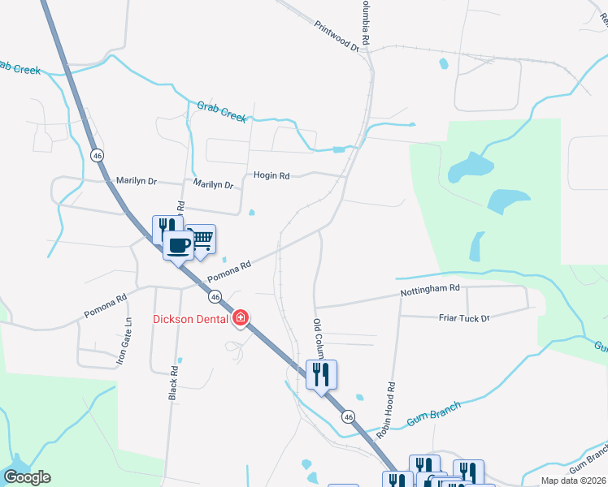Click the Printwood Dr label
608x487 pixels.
pyautogui.click(x=337, y=37)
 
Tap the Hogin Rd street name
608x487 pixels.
pyautogui.click(x=271, y=175)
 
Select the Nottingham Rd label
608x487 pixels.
pyautogui.click(x=430, y=288)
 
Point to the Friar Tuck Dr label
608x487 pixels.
pyautogui.click(x=464, y=317)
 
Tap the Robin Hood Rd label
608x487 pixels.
pyautogui.click(x=388, y=410)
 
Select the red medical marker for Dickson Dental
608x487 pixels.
pyautogui.click(x=241, y=318)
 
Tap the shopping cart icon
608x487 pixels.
pyautogui.click(x=202, y=238)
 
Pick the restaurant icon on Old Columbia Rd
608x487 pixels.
pyautogui.click(x=321, y=374)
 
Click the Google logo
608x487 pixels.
pyautogui.click(x=27, y=477)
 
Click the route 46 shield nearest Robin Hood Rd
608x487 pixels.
pyautogui.click(x=349, y=416)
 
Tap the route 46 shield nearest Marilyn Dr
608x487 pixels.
pyautogui.click(x=97, y=155)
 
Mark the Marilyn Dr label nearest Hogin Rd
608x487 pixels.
pyautogui.click(x=214, y=184)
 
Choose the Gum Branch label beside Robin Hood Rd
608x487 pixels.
pyautogui.click(x=433, y=412)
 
